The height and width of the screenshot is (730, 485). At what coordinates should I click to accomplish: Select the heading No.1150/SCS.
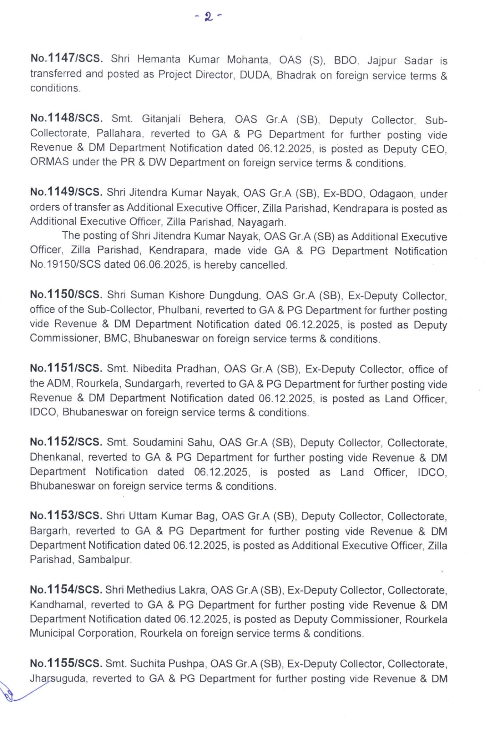click(x=66, y=294)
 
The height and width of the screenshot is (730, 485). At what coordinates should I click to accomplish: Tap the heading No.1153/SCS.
click(x=66, y=515)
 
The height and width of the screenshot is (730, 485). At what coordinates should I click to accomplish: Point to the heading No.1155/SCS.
click(x=66, y=663)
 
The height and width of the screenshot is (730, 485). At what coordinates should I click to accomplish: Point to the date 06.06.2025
click(x=161, y=265)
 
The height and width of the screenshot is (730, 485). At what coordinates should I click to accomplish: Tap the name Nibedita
click(x=155, y=369)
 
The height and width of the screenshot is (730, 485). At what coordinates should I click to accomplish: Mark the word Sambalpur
click(x=104, y=559)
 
